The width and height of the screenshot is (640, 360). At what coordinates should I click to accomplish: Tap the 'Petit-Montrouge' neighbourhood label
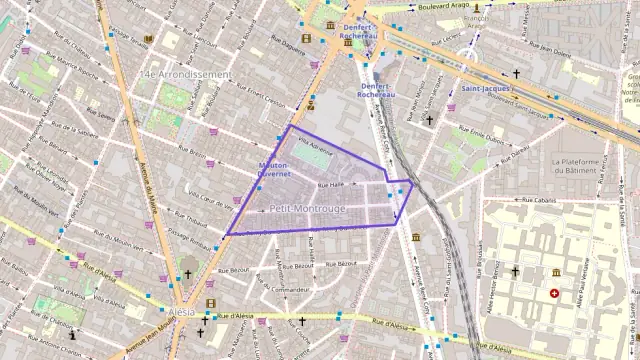[x=307, y=208]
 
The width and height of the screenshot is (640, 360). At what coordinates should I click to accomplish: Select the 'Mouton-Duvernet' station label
[x=273, y=170]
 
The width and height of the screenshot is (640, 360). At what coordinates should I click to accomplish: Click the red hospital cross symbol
[x=554, y=293]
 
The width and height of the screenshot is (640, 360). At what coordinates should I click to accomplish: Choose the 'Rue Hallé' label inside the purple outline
[x=329, y=185]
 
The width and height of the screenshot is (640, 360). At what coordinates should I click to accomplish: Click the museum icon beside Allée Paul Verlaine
[x=557, y=272]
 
